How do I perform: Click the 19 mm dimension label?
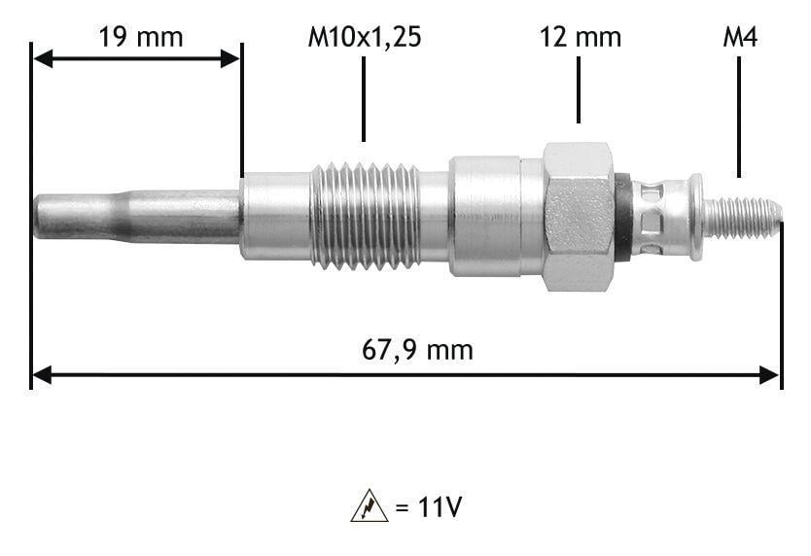(x=141, y=37)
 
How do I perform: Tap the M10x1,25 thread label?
(x=364, y=38)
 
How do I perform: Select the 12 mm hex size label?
(x=580, y=37)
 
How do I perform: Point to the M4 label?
(x=740, y=37)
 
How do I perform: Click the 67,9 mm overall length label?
(x=417, y=350)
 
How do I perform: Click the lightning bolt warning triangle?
(x=370, y=505)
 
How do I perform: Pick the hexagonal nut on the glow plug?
(x=579, y=216)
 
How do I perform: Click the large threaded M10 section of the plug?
(x=366, y=216)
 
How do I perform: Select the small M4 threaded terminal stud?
(x=743, y=217)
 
